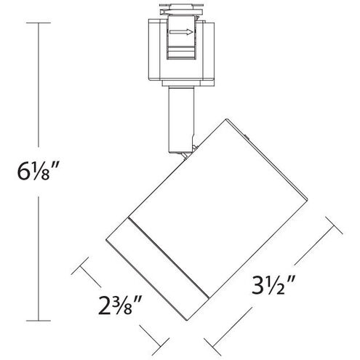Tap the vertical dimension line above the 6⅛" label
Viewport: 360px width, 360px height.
[x=37, y=87]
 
